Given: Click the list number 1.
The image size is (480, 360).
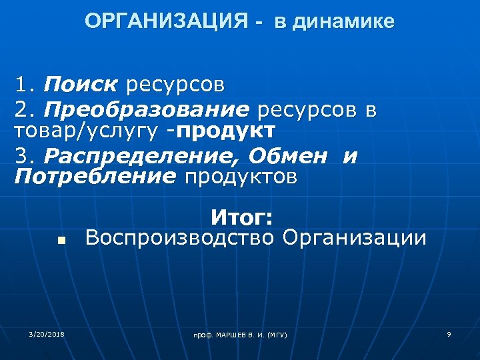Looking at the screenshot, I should pos(25,85).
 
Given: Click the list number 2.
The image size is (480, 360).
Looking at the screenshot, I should pos(26,109).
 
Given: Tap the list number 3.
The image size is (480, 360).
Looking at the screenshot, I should pos(26,157).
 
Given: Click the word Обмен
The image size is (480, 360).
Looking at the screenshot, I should pos(290,157).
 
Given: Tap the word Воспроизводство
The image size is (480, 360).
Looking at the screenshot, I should pos(180,237).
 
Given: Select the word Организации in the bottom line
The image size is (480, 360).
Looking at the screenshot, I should pos(354,237).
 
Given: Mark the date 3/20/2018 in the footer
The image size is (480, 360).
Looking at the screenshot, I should pos(47,333).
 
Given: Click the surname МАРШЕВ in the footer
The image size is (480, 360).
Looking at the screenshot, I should pos(233,334).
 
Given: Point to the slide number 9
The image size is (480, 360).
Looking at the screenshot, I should pos(449,333).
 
